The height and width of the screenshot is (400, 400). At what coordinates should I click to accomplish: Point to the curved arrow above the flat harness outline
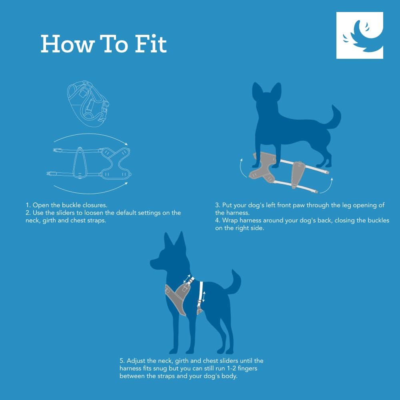90,138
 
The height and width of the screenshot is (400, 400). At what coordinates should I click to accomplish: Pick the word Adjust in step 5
137,360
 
